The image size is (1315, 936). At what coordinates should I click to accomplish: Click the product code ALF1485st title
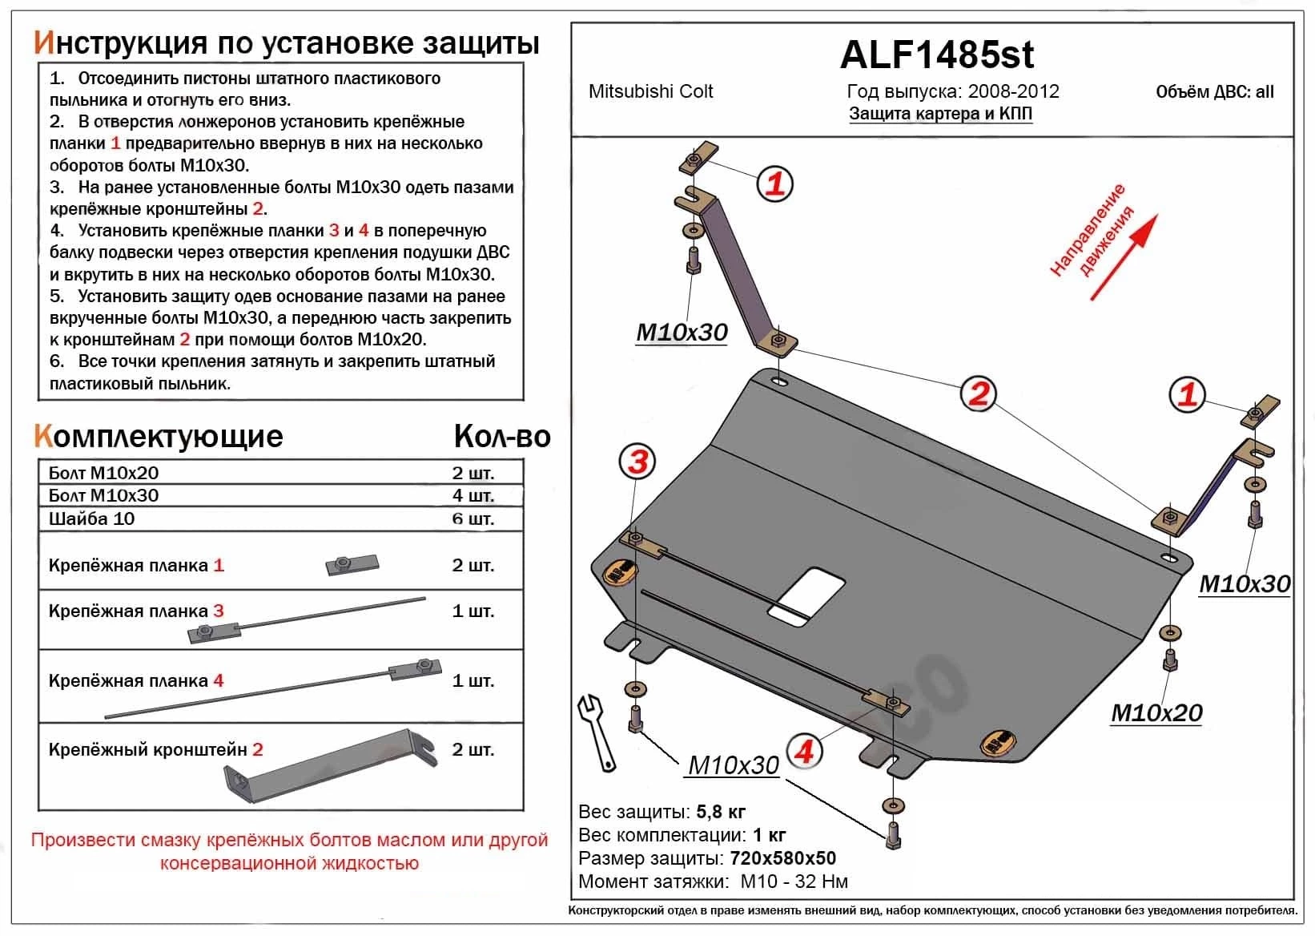[x=936, y=54]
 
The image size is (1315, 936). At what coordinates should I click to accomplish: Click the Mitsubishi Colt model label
[x=650, y=91]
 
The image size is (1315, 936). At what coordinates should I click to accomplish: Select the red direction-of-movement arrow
[x=1124, y=258]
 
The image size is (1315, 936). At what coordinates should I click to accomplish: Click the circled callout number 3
[x=637, y=462]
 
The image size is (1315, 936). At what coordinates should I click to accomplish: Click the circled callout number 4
[x=804, y=751]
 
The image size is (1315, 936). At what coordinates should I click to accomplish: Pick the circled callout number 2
[x=979, y=394]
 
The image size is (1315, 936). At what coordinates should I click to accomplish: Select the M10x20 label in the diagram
[x=1156, y=712]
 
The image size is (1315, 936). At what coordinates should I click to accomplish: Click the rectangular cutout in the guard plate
[x=806, y=597]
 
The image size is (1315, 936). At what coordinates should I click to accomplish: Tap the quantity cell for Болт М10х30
[x=473, y=495]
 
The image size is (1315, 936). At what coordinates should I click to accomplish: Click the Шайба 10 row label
[x=91, y=518]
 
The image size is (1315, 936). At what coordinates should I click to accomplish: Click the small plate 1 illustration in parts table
[x=352, y=564]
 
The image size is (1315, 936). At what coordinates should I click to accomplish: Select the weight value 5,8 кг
[x=721, y=812]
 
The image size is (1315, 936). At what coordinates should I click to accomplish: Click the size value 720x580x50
[x=782, y=858]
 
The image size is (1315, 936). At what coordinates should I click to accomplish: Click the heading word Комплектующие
[x=159, y=436]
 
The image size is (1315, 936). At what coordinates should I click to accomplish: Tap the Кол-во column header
[x=501, y=436]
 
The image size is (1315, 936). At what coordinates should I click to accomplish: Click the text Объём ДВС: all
[x=1214, y=91]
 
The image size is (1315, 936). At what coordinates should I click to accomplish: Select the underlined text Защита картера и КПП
[x=940, y=114]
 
